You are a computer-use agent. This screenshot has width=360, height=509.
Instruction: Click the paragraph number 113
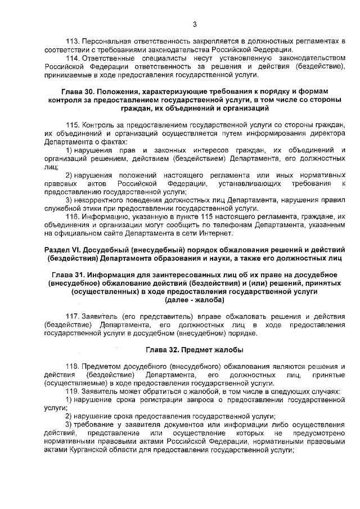pos(73,42)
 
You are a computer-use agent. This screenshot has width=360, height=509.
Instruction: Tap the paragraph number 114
pos(73,58)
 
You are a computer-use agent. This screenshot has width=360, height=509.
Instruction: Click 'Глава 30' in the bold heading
pos(77,91)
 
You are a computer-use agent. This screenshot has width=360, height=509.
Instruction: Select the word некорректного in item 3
pos(101,200)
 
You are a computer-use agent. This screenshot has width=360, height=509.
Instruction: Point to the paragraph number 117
pos(73,316)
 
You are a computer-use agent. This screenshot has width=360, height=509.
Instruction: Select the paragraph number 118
pos(73,366)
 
